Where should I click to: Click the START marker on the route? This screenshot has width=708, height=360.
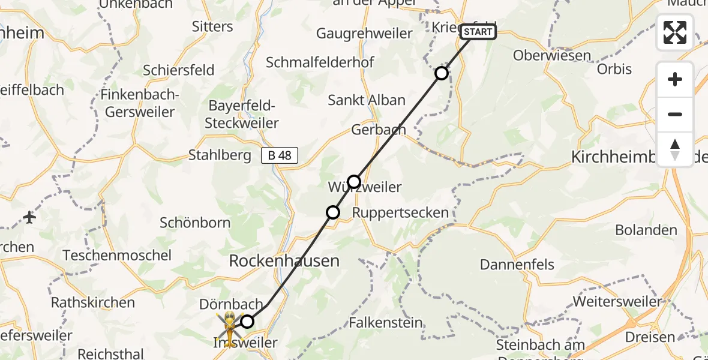click(478, 32)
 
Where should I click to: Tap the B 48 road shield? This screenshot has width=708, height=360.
click(280, 155)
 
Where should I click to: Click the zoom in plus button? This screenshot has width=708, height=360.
click(675, 79)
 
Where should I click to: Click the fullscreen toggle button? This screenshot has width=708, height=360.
click(675, 32)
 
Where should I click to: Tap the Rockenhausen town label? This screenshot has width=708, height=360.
click(284, 261)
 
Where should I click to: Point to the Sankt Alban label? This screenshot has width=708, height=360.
click(367, 100)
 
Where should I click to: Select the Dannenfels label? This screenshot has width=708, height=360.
click(517, 265)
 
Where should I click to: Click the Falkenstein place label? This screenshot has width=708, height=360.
click(386, 322)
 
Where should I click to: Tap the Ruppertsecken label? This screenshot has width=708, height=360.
click(400, 212)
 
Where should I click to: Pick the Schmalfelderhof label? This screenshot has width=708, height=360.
click(328, 62)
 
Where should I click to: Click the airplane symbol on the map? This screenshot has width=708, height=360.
click(30, 217)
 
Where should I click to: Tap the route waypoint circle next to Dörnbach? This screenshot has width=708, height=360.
click(247, 322)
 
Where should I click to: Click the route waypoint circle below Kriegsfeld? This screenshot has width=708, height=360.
click(441, 73)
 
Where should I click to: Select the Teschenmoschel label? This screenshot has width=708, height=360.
click(118, 255)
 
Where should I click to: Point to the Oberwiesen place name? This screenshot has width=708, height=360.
click(552, 56)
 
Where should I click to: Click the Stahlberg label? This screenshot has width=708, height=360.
click(220, 155)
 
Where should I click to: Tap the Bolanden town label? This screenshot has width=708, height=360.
click(646, 230)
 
